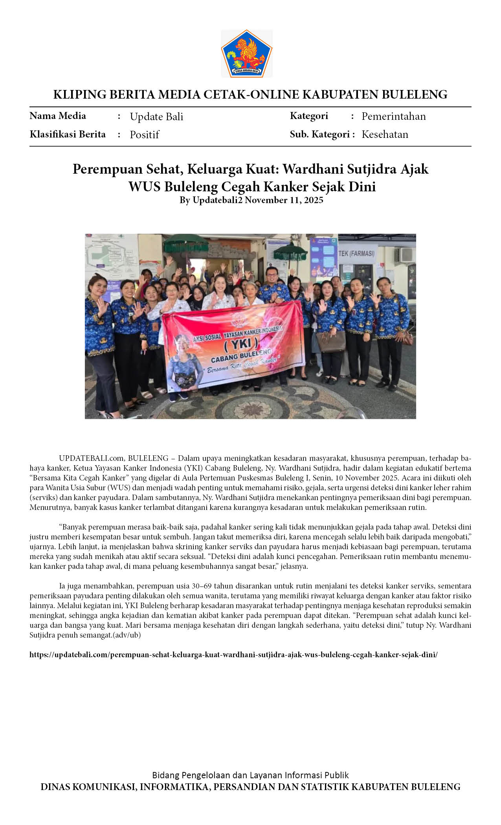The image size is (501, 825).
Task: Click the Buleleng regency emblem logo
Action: [x=246, y=53]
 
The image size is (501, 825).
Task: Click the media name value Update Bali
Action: [x=156, y=117]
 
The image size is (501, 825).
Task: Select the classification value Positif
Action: [x=144, y=135]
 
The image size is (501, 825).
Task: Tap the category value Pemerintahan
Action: [x=393, y=116]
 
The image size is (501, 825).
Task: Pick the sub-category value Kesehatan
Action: [x=385, y=134]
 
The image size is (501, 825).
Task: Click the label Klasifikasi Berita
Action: [x=68, y=134]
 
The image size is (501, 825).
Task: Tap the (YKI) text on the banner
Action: [x=241, y=344]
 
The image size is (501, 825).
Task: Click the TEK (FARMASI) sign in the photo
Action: [x=356, y=253]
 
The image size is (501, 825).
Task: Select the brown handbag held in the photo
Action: [x=331, y=341]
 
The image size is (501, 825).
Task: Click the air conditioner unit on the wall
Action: [x=404, y=255]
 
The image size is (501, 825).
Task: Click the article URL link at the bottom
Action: [x=233, y=654]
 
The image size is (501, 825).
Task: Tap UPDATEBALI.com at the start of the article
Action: [x=91, y=458]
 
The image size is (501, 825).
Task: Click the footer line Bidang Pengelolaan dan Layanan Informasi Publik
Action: [x=250, y=775]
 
